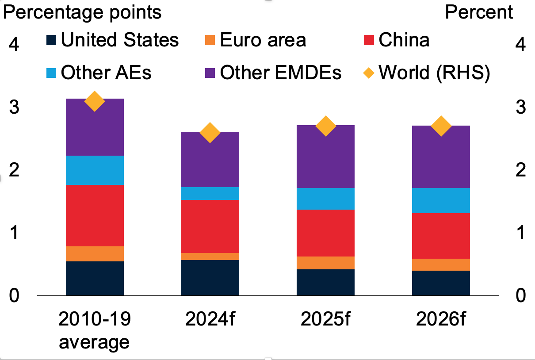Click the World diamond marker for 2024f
pyautogui.click(x=210, y=133)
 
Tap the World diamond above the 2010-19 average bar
pyautogui.click(x=94, y=101)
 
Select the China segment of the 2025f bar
pyautogui.click(x=325, y=233)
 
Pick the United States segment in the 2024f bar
pyautogui.click(x=210, y=277)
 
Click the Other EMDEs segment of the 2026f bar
pyautogui.click(x=441, y=157)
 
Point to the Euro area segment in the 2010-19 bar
pyautogui.click(x=94, y=253)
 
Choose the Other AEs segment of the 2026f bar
pyautogui.click(x=441, y=200)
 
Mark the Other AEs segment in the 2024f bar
pyautogui.click(x=210, y=193)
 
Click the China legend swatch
pyautogui.click(x=369, y=41)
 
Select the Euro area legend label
pyautogui.click(x=263, y=40)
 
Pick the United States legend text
pyautogui.click(x=119, y=40)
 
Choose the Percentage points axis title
pyautogui.click(x=82, y=12)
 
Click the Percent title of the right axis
pyautogui.click(x=479, y=12)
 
